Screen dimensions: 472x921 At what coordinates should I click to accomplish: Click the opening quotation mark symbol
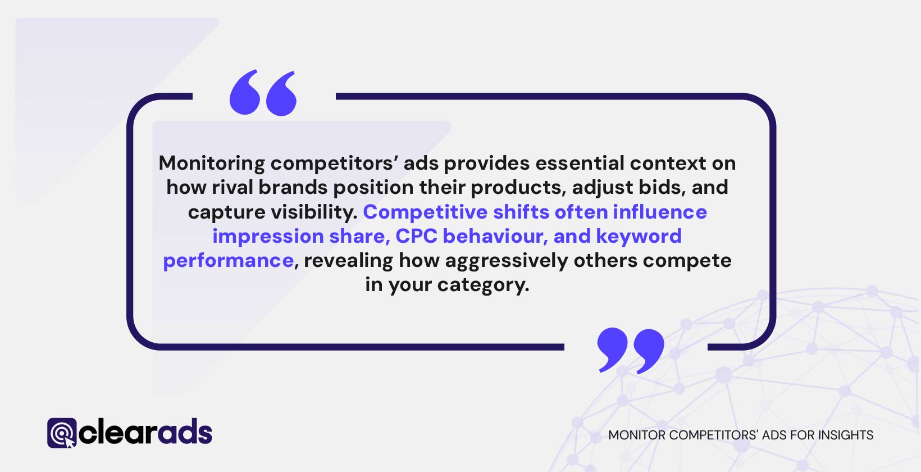pos(263,93)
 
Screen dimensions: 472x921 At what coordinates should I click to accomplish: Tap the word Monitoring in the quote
pos(212,164)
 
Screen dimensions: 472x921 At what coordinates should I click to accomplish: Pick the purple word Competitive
pos(425,212)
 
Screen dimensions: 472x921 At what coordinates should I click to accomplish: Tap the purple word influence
pos(660,212)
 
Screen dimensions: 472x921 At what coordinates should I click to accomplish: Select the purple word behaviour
pos(495,237)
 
